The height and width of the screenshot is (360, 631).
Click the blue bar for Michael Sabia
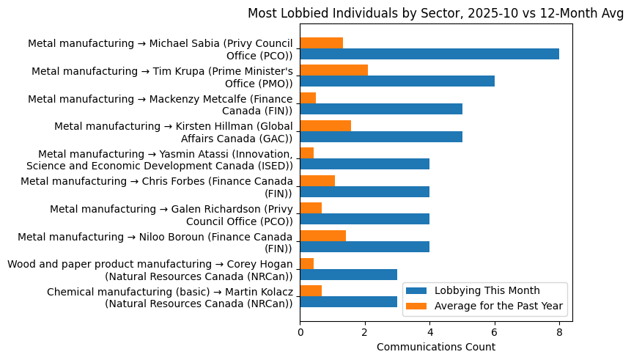pyautogui.click(x=429, y=54)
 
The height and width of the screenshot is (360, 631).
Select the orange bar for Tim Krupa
pyautogui.click(x=333, y=70)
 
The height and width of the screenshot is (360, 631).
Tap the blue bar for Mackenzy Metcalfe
pyautogui.click(x=381, y=109)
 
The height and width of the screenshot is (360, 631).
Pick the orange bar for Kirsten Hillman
pyautogui.click(x=325, y=125)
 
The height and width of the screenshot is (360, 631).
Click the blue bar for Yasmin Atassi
pyautogui.click(x=364, y=164)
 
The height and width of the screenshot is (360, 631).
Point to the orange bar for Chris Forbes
pyautogui.click(x=317, y=180)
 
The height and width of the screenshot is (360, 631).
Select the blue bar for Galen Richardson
pyautogui.click(x=364, y=219)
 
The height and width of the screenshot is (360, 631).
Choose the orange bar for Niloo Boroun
pyautogui.click(x=322, y=235)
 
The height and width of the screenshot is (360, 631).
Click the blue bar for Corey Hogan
pyautogui.click(x=348, y=274)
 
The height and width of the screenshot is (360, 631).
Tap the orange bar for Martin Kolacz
pyautogui.click(x=311, y=290)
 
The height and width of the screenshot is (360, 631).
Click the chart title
pyautogui.click(x=435, y=13)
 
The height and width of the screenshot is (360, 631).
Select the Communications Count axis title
pyautogui.click(x=435, y=347)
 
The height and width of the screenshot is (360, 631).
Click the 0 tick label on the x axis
pyautogui.click(x=300, y=332)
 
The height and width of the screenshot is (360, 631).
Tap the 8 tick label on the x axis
pyautogui.click(x=559, y=332)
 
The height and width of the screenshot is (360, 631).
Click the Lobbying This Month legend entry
pyautogui.click(x=487, y=290)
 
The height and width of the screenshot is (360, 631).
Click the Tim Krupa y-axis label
pyautogui.click(x=162, y=76)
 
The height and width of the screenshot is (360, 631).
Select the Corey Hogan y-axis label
pyautogui.click(x=150, y=270)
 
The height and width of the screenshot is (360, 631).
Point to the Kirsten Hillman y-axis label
pyautogui.click(x=174, y=131)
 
